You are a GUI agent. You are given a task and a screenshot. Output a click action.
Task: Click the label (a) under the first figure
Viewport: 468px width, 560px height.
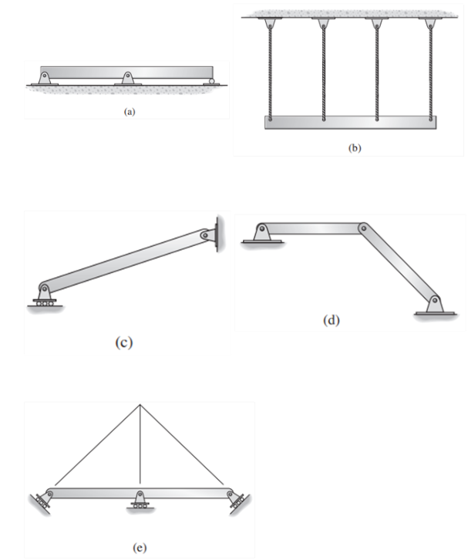coord(129,111)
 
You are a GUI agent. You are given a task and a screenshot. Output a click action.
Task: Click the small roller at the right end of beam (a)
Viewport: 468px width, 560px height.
coord(221,79)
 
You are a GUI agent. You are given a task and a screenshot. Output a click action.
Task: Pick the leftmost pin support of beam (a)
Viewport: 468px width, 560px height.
coord(45,78)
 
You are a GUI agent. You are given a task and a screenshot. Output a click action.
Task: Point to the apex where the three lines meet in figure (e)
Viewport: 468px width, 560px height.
coord(140,404)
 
